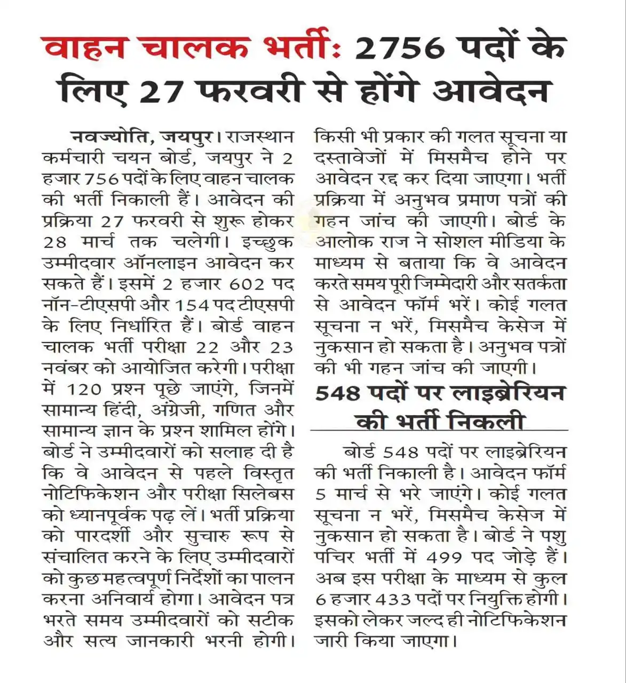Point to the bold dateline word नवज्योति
(109, 137)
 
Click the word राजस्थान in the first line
(260, 137)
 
